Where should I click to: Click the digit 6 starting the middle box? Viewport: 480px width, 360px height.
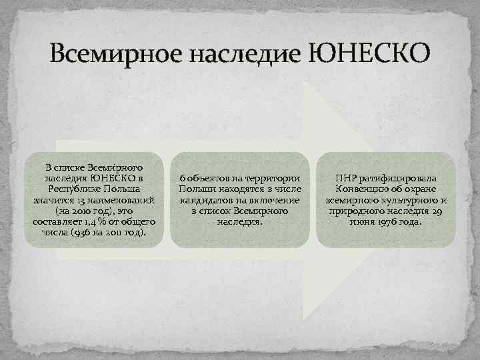click(182, 179)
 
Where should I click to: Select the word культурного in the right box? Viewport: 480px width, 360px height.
click(403, 200)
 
